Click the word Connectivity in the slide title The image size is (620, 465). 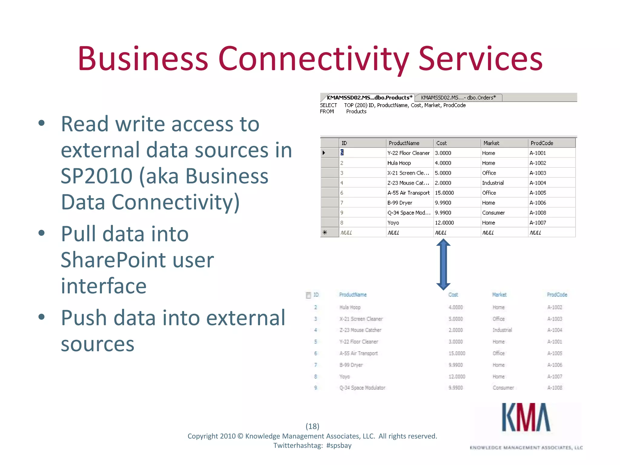[313, 59]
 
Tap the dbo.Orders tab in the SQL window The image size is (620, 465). [458, 97]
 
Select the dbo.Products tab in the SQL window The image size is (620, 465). [369, 97]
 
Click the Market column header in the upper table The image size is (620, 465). [491, 143]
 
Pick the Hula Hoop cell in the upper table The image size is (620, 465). [399, 163]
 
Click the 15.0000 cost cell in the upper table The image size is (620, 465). [444, 193]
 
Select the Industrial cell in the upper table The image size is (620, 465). [493, 183]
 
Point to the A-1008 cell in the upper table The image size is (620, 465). [538, 213]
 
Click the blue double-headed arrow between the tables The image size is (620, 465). [443, 264]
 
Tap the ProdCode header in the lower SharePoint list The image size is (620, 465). [557, 295]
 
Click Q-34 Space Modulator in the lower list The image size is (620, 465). [362, 388]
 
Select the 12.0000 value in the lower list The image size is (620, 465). [457, 377]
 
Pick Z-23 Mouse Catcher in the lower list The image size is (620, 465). [360, 330]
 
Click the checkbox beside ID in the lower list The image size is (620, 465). [308, 295]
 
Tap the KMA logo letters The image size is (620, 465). [526, 417]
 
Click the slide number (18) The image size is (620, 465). [312, 426]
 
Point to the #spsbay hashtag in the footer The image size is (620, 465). [339, 446]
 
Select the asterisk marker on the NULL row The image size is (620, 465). [325, 232]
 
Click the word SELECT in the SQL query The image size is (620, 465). [328, 105]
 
